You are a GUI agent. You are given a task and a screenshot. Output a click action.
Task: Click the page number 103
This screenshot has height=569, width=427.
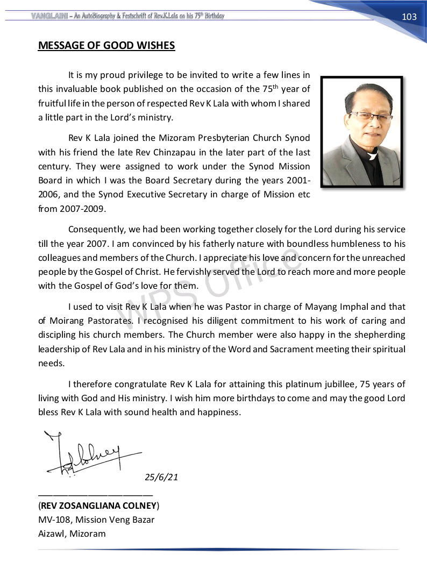tap(409, 17)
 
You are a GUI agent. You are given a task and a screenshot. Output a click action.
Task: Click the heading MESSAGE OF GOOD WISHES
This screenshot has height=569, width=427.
tap(106, 45)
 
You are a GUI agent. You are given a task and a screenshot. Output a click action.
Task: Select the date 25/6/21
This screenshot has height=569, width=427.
tap(161, 477)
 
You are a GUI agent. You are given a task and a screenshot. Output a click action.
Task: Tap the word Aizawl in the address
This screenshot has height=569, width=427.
tap(52, 534)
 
